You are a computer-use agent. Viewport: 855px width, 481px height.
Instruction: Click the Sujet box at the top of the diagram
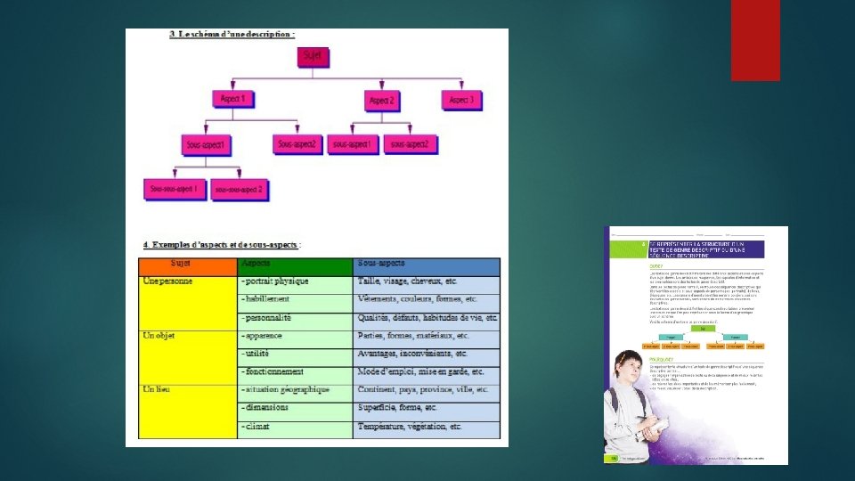314,56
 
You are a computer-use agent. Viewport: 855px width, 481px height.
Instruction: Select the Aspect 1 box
236,100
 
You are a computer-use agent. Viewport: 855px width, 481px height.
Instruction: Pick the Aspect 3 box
461,100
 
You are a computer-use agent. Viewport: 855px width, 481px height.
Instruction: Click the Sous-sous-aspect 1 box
175,189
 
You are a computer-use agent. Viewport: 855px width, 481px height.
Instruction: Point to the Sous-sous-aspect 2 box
240,189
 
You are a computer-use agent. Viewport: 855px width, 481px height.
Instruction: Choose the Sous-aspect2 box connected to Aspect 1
297,143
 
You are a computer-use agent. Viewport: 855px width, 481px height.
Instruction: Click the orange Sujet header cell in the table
187,265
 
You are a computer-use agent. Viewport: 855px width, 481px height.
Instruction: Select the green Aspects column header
295,265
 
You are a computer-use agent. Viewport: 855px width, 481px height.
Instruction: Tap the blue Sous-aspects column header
426,265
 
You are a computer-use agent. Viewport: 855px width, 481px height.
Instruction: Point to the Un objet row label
163,336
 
